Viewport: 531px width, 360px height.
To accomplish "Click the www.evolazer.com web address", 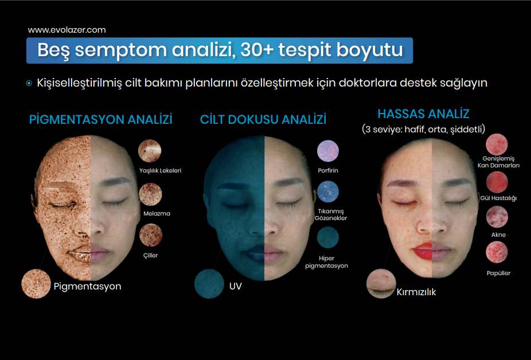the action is [x=67, y=30].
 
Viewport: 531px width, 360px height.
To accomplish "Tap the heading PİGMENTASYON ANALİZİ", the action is [x=100, y=120].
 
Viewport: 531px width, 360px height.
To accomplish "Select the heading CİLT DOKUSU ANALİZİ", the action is [x=263, y=120].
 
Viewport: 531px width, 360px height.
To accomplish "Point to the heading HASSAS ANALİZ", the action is [x=423, y=114].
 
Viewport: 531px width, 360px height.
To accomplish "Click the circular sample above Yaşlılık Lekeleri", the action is [x=150, y=151].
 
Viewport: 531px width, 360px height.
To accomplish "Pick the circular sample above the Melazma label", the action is [x=150, y=194].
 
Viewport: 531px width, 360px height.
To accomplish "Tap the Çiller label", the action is [x=151, y=255].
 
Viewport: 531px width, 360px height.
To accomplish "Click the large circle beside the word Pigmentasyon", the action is [x=36, y=284].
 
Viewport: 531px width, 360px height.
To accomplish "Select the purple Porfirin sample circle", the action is [x=328, y=151].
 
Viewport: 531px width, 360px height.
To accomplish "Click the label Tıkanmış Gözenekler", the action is [x=331, y=215].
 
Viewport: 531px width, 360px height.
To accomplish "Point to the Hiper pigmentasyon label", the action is [x=326, y=262].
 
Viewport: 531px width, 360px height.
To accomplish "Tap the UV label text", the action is [x=235, y=286].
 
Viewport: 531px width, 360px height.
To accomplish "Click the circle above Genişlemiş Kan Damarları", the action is [x=497, y=144].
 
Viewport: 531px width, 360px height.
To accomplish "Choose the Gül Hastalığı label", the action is [x=498, y=198].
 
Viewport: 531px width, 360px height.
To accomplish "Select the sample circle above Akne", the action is [x=497, y=217].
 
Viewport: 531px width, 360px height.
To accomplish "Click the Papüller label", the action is [x=498, y=273].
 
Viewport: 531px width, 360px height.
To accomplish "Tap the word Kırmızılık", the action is [x=416, y=292].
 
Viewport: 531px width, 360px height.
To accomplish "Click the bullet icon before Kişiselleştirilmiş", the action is [x=29, y=83].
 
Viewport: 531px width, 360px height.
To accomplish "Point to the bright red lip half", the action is [x=423, y=252].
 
